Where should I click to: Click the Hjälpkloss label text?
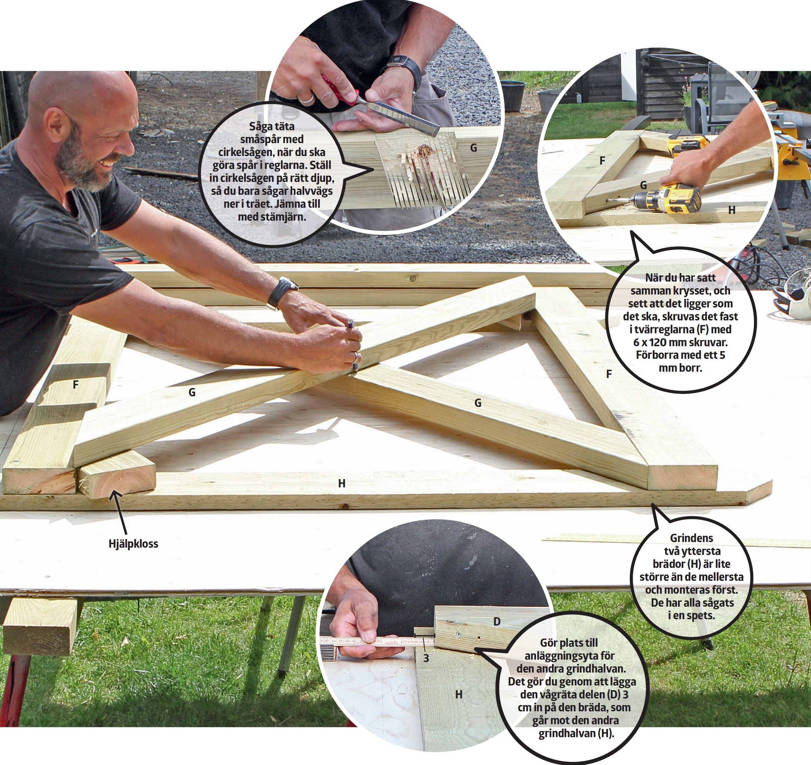click(133, 544)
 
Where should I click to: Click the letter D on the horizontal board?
click(497, 622)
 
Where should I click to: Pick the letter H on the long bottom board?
click(342, 483)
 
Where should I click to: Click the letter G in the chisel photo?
click(473, 148)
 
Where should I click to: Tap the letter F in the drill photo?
click(602, 161)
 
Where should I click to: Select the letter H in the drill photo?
click(732, 210)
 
